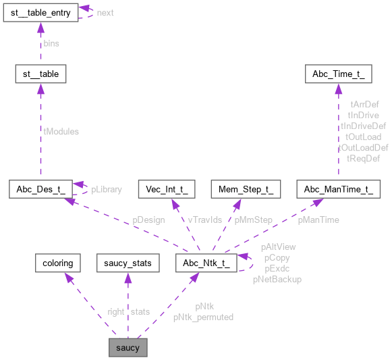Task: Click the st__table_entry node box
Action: coord(40,13)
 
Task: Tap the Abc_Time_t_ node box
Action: coord(338,73)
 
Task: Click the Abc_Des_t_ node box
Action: coord(40,189)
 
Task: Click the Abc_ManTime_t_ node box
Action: coord(338,189)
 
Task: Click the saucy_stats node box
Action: coord(128,262)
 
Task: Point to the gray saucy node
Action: coord(128,348)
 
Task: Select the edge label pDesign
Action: coord(148,220)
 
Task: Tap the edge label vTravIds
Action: coord(204,220)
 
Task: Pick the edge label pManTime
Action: coord(318,220)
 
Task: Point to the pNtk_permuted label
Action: coord(203,317)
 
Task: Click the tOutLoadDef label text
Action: coord(363,147)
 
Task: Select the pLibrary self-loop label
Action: coord(107,189)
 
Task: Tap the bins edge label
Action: coord(51,43)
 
